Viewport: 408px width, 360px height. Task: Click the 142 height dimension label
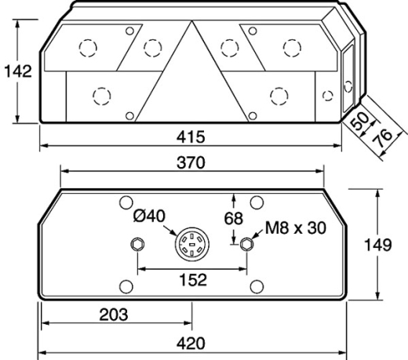[18, 71]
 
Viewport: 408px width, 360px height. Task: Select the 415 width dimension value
[191, 136]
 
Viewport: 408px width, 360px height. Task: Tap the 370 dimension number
[191, 162]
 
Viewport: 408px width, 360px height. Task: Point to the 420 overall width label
[191, 344]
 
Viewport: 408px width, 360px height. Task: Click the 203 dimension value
[114, 315]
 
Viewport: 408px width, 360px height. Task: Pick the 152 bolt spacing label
[193, 279]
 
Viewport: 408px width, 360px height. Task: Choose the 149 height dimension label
[378, 245]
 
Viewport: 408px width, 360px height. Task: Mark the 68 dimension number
[234, 218]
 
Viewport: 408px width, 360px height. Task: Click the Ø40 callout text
[149, 216]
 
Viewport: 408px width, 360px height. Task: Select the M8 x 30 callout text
[296, 227]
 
